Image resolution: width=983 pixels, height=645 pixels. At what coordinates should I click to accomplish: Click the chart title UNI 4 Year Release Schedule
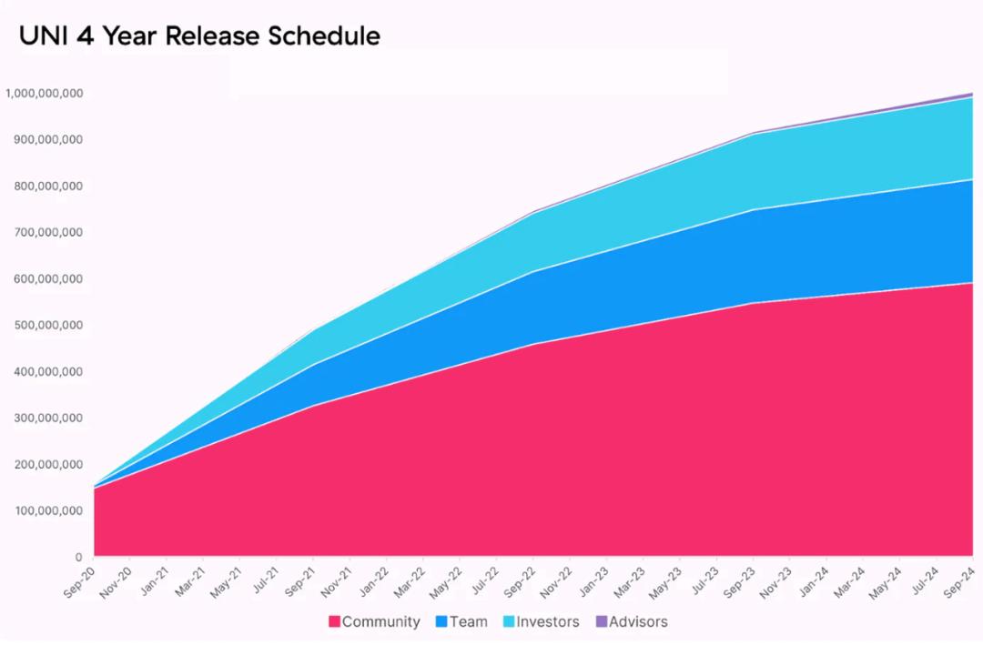point(199,36)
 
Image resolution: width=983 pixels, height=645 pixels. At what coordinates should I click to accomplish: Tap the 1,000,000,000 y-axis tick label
point(44,93)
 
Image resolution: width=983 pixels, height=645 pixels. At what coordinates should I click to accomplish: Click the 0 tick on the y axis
point(78,557)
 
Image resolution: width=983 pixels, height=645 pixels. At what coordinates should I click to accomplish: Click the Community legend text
point(381,622)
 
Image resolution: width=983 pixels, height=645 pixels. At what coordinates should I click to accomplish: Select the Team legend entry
point(468,622)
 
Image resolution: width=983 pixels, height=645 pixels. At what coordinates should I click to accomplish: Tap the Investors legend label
point(548,622)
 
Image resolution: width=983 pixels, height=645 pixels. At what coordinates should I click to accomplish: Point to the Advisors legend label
point(638,622)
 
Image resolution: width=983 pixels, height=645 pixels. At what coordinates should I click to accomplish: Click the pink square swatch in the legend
point(334,622)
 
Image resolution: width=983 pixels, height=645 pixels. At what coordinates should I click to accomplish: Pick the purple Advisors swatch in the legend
point(601,622)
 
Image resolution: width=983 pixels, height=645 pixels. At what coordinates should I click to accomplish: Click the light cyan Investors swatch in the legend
point(509,622)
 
